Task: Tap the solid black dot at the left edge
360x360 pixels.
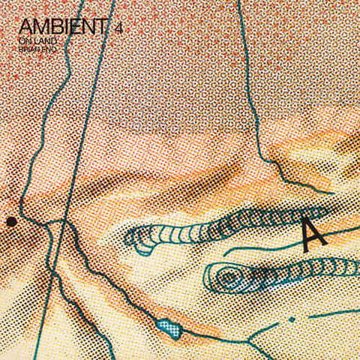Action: click(11, 221)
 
